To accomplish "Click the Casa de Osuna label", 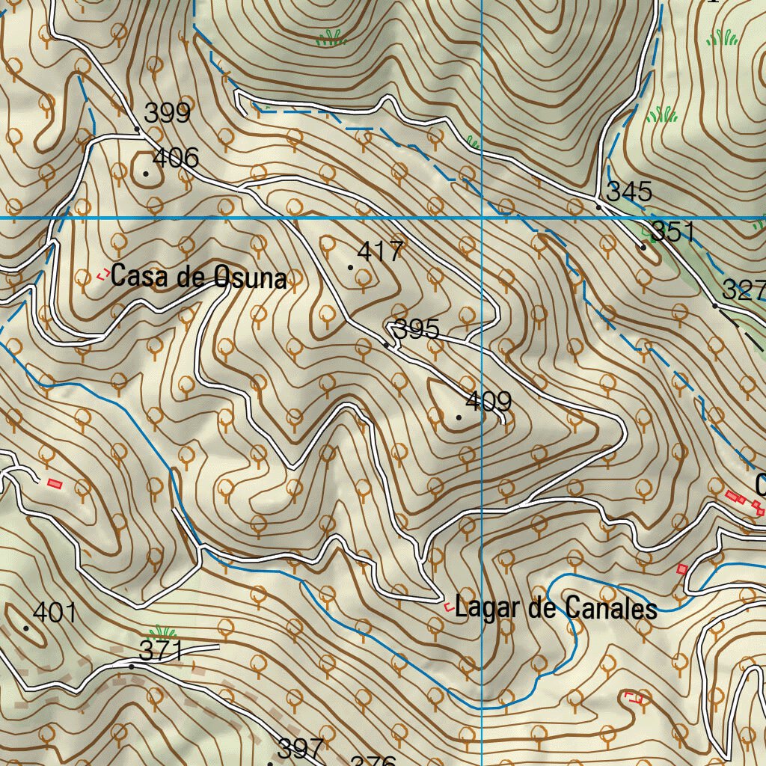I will click(x=198, y=278).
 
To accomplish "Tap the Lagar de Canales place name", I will click(x=556, y=608).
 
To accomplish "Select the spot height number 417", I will click(x=380, y=251).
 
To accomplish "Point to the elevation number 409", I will click(x=488, y=402).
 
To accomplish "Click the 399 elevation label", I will click(x=168, y=114).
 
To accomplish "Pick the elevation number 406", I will click(x=176, y=158).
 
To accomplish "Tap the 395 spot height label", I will click(x=417, y=329).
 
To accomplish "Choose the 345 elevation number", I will click(x=629, y=191).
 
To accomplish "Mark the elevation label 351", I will click(x=673, y=232).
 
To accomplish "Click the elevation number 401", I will click(x=55, y=613).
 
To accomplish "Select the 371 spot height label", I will click(x=162, y=651).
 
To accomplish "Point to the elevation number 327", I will click(x=744, y=289).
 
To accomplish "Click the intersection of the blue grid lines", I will click(x=482, y=218).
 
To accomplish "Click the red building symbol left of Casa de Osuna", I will click(x=102, y=275).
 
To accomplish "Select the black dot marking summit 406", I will click(x=146, y=174).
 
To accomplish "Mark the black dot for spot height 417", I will click(x=351, y=266).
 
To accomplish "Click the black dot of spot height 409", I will click(x=459, y=417).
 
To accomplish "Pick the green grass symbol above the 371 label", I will click(x=162, y=631).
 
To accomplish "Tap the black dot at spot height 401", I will click(x=26, y=628).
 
